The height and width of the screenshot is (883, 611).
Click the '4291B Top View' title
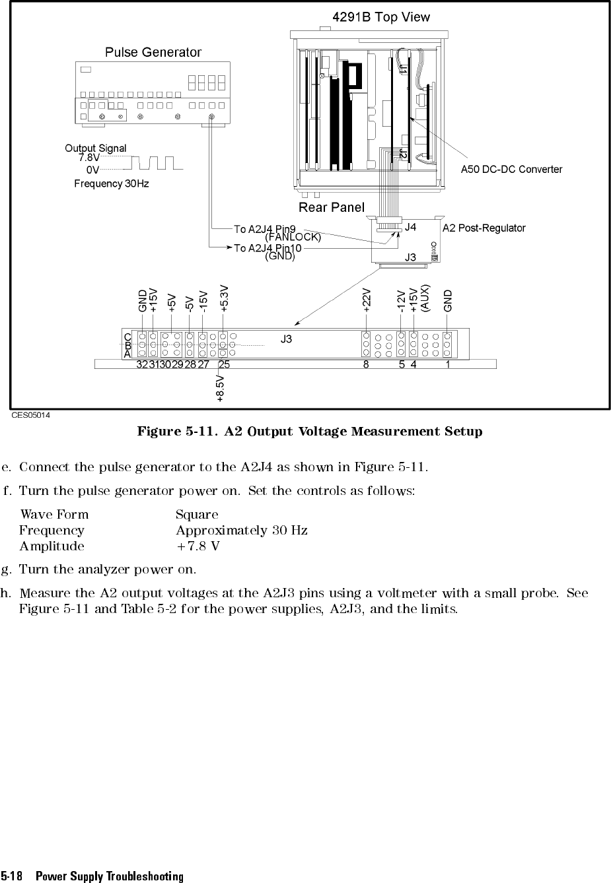click(381, 17)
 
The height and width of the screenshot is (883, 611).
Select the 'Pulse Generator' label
click(153, 52)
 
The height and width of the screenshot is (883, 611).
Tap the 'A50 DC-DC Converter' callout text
click(511, 170)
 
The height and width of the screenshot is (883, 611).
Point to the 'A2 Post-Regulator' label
click(484, 228)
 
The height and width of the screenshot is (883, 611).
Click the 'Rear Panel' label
click(332, 208)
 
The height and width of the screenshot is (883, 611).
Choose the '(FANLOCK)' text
click(293, 237)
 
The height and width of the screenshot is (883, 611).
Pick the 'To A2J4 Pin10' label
click(268, 248)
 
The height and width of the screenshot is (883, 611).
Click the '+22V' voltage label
click(367, 299)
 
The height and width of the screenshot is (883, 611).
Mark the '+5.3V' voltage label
click(225, 298)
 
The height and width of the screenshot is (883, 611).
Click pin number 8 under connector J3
click(366, 364)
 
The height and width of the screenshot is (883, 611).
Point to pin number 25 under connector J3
click(225, 364)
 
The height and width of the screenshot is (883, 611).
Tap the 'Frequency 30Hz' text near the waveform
click(112, 184)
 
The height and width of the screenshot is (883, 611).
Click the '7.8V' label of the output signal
click(89, 158)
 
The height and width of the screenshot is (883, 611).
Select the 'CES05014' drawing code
click(30, 416)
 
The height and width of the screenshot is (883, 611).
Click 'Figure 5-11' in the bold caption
click(176, 432)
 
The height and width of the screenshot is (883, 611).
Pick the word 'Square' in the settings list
click(197, 515)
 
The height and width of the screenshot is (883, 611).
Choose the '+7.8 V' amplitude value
click(198, 546)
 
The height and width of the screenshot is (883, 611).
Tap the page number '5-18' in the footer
click(12, 876)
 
